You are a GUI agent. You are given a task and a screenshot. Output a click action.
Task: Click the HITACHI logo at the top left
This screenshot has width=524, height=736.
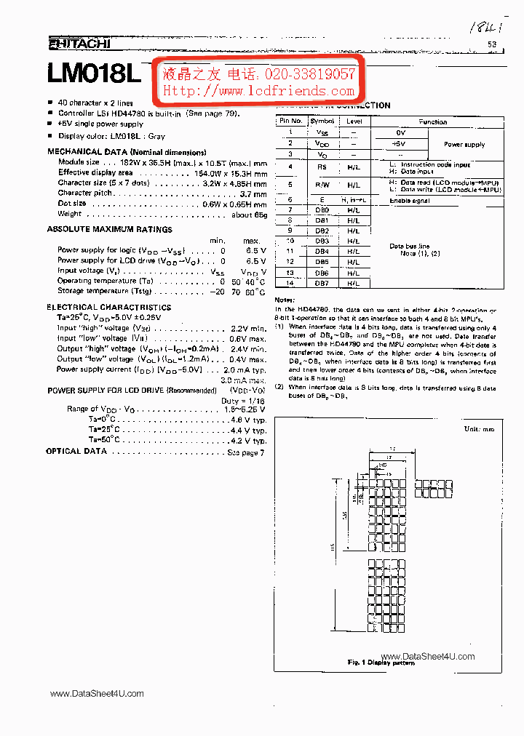[79, 44]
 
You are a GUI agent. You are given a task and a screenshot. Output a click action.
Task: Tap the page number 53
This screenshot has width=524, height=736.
[491, 45]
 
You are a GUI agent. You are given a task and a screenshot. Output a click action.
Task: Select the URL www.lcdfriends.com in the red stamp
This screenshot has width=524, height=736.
[258, 91]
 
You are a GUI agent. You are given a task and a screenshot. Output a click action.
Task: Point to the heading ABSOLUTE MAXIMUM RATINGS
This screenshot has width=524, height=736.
[110, 229]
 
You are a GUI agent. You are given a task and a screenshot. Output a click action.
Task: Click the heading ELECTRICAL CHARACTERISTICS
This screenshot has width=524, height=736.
[109, 307]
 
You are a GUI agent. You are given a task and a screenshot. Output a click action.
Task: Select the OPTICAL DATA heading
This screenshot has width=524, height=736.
[76, 452]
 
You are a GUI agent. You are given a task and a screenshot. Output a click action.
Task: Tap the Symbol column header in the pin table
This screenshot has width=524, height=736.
[322, 121]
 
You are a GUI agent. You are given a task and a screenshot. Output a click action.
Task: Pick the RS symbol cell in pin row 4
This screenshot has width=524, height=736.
[322, 167]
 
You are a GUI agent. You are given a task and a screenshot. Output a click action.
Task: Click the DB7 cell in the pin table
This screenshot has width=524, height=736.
[322, 283]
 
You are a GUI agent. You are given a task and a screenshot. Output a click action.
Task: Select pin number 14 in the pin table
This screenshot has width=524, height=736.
[290, 283]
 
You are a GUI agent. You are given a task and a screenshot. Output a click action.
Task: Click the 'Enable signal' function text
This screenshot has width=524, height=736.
[410, 200]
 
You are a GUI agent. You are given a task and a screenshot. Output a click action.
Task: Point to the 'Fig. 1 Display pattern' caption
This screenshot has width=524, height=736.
[381, 662]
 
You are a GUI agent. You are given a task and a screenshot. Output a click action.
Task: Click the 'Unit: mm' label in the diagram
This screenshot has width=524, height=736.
[479, 429]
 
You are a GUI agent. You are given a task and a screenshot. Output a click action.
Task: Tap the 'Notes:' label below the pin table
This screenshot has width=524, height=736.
[285, 300]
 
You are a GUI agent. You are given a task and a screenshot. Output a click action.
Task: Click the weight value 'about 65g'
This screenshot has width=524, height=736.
[250, 214]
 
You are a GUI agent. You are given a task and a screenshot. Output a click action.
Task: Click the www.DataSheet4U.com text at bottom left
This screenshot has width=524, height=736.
[97, 694]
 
